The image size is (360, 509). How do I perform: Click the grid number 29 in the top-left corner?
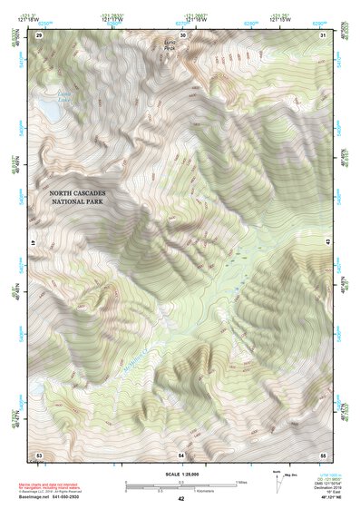pos(38,34)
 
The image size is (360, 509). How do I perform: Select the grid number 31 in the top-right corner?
pos(324,34)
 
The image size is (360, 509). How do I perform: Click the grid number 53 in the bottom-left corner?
pos(38,454)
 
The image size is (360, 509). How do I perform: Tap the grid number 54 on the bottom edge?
pos(181,454)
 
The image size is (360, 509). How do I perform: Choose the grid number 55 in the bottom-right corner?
pos(323,454)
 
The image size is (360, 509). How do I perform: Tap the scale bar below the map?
pos(180,485)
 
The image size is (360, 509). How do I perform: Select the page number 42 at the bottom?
pos(180,499)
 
